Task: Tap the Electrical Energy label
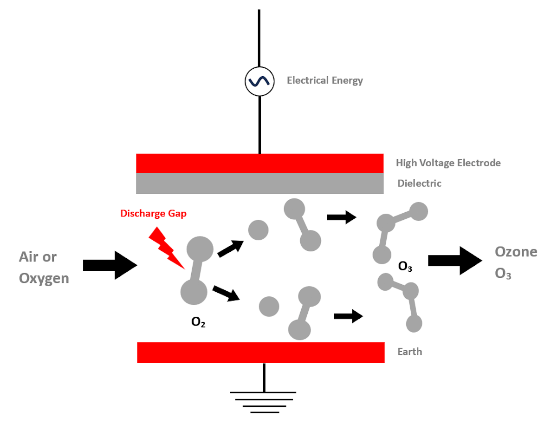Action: click(325, 80)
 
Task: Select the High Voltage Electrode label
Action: click(448, 163)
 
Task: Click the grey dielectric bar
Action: click(259, 183)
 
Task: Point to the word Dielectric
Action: click(419, 183)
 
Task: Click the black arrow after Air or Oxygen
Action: click(110, 265)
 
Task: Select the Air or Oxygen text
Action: click(44, 267)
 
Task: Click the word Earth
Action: click(410, 352)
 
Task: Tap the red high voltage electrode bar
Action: click(259, 163)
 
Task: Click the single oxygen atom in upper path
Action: click(258, 230)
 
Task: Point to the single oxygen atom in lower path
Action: click(269, 306)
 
